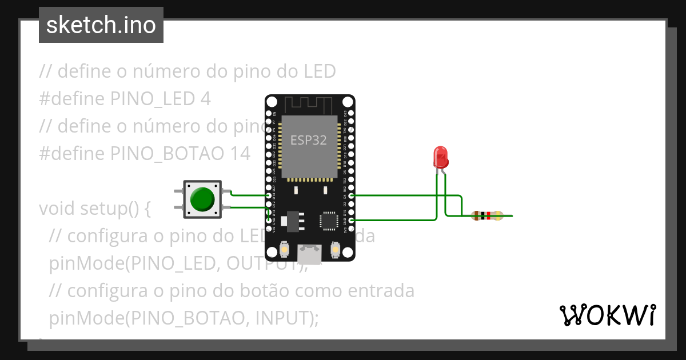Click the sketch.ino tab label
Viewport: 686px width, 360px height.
[x=101, y=25]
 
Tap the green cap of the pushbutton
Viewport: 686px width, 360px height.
[x=202, y=199]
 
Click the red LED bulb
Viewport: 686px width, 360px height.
[x=441, y=156]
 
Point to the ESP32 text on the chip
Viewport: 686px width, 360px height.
[x=309, y=140]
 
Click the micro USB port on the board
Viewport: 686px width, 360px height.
[x=309, y=252]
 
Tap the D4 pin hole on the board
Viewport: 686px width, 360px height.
[x=351, y=195]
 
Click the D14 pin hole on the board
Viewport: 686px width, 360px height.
[x=269, y=195]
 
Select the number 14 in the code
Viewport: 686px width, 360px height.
[x=240, y=154]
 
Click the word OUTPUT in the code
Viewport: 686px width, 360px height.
[x=260, y=263]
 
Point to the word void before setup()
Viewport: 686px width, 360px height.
[x=57, y=209]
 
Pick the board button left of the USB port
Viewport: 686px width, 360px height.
[x=284, y=250]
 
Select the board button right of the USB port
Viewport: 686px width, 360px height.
[x=336, y=250]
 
